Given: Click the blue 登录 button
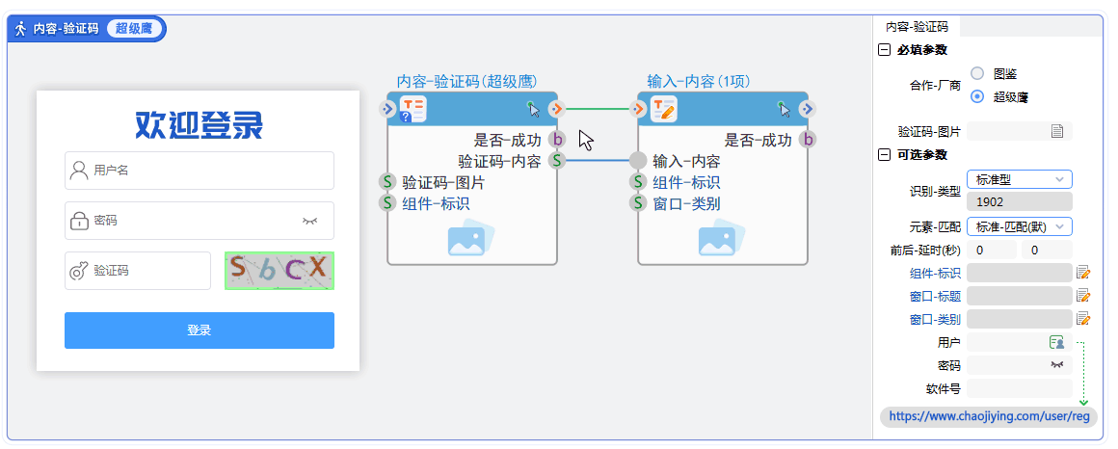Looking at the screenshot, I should (199, 330).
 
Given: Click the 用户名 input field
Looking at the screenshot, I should (199, 171).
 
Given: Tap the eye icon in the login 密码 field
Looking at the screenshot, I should (309, 221).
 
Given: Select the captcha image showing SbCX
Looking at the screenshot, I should (279, 271).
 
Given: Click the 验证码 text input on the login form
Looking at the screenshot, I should (138, 271).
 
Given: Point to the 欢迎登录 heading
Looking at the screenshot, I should (199, 124).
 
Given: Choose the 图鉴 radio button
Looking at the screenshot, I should (977, 73).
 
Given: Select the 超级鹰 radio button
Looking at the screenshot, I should (977, 96).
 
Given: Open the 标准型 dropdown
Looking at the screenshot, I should (1019, 179).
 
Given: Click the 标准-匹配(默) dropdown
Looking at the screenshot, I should (1019, 226).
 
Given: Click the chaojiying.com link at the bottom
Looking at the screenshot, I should (988, 416).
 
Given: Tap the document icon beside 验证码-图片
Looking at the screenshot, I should (1057, 131).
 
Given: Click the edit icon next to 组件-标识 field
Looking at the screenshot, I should (1083, 273).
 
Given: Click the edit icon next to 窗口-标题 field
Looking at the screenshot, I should (1083, 296).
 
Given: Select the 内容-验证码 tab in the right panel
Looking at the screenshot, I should (917, 27).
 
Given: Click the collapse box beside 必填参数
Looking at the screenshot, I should (884, 50).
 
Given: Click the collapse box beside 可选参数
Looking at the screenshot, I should (884, 154).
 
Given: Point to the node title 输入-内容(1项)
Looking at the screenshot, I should (699, 81).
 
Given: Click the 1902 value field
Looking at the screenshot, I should (1019, 202).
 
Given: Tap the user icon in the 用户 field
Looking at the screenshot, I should (1056, 342).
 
